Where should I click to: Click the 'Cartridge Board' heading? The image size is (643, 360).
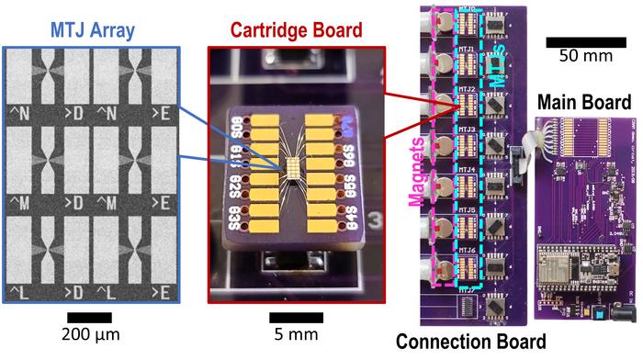[x=296, y=28]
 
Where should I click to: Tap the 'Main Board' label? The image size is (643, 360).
[x=583, y=101]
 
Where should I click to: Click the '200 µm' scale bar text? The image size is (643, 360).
[x=96, y=333]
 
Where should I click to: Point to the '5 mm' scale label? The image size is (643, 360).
[x=294, y=333]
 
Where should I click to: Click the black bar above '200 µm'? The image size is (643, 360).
[x=96, y=317]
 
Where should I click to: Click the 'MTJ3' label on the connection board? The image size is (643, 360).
[x=467, y=129]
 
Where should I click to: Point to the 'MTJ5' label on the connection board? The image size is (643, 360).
[x=467, y=209]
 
